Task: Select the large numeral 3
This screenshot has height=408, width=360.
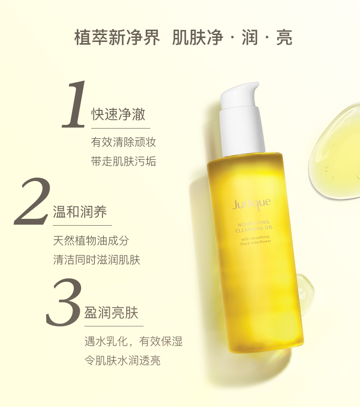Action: point(64,302)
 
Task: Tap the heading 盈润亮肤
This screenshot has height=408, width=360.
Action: point(111,312)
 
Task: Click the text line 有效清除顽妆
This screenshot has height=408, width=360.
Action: point(123,142)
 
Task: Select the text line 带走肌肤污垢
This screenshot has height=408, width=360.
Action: point(123,161)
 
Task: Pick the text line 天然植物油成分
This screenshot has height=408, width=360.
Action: point(91,240)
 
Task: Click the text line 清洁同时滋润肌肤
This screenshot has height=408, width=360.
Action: point(97,260)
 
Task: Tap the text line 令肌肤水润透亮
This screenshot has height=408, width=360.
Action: point(122,361)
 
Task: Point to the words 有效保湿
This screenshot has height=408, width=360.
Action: point(161,341)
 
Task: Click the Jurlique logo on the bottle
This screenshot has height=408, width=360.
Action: point(251,204)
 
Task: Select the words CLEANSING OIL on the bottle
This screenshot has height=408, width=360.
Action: point(254,229)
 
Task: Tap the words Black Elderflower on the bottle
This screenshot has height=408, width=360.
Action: point(256,243)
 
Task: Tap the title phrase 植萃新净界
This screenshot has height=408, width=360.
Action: point(117,37)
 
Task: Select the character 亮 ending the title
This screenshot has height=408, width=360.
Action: point(284,37)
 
